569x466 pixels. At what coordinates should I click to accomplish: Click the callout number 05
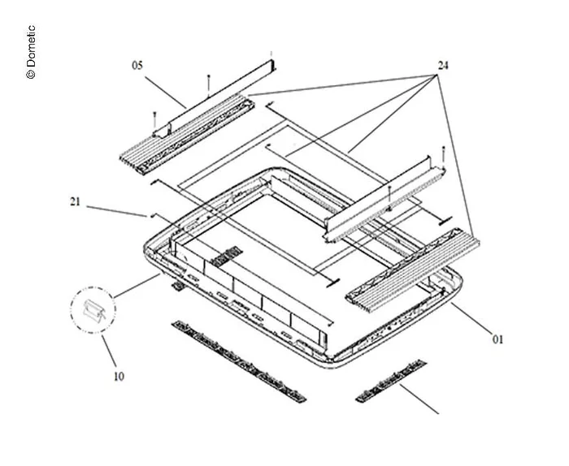pos(137,66)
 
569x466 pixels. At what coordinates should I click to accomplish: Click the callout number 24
pos(443,66)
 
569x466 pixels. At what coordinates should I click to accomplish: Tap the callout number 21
pos(75,201)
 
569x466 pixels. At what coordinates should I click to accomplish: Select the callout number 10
pos(119,377)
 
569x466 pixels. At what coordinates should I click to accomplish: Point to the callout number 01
pos(497,339)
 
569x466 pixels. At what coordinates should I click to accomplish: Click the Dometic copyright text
pos(31,52)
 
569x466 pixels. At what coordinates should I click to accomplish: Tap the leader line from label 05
pos(166,93)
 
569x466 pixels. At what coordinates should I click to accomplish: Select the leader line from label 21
pos(116,211)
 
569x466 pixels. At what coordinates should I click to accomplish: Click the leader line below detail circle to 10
pos(109,352)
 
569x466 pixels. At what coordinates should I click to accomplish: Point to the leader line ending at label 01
pos(472,317)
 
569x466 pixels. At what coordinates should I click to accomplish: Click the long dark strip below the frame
pos(238,361)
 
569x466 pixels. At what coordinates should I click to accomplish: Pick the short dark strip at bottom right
pos(391,381)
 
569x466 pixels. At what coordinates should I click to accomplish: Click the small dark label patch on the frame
pos(227,257)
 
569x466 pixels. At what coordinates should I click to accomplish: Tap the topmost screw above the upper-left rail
pos(208,86)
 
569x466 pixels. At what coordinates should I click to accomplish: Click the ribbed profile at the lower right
pos(413,270)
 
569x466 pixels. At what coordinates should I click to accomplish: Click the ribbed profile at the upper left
pos(187,133)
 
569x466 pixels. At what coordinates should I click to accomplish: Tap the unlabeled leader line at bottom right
pos(419,399)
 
